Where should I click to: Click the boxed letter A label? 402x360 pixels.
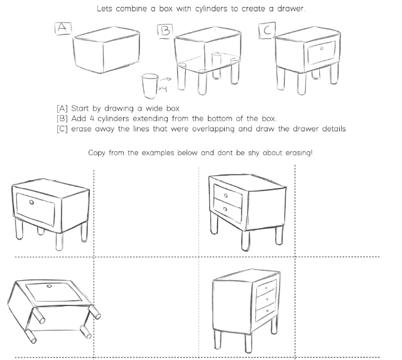63,28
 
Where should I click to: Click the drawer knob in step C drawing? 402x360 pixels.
321,48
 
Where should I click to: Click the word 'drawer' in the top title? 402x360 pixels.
288,9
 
